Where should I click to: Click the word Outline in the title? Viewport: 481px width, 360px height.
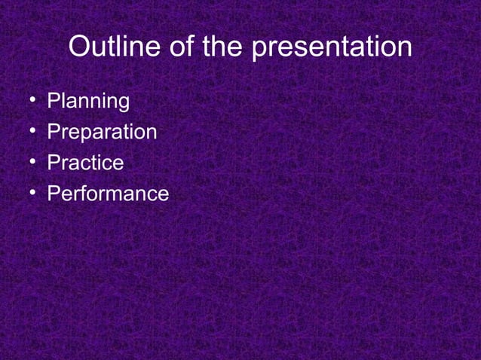coord(110,47)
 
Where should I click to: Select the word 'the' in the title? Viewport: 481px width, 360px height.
coord(219,47)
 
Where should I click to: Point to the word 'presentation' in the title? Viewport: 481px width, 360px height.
coord(331,49)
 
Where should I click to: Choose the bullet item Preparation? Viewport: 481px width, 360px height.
coord(102,133)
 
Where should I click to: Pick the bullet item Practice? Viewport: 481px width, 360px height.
coord(85,163)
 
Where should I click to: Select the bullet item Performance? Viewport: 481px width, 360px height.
coord(108,194)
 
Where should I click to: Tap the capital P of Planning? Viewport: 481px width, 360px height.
coord(54,101)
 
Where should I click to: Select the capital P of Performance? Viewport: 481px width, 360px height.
coord(54,194)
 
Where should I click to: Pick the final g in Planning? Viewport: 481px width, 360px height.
coord(123,104)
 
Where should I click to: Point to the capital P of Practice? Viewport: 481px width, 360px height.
coord(54,163)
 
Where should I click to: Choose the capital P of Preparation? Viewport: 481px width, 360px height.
coord(54,133)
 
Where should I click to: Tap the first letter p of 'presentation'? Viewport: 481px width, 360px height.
coord(259,50)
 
